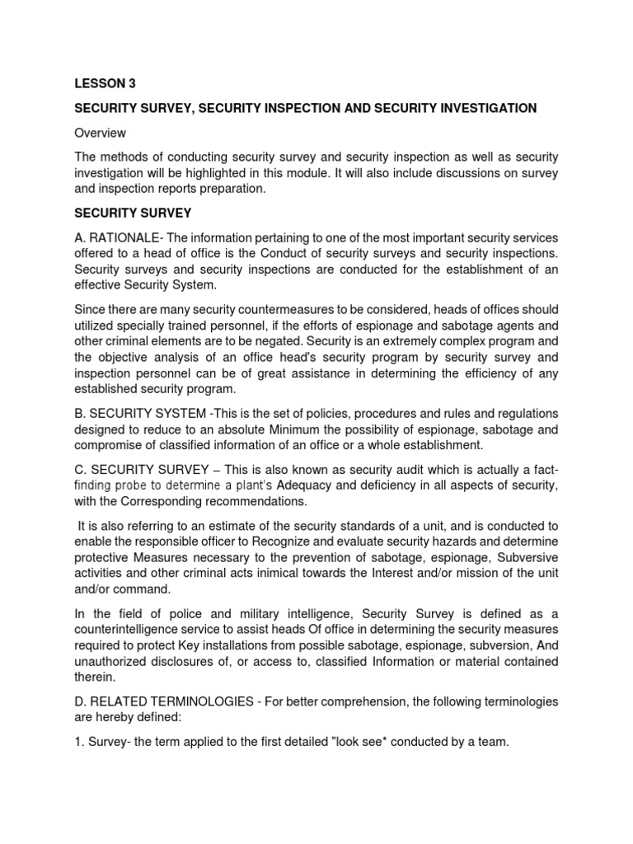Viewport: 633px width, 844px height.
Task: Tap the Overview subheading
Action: pyautogui.click(x=101, y=132)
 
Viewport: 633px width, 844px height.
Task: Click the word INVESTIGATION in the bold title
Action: pyautogui.click(x=486, y=108)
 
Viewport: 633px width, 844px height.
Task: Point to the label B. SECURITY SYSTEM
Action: pyautogui.click(x=140, y=413)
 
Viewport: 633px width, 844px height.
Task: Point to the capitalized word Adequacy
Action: pyautogui.click(x=308, y=485)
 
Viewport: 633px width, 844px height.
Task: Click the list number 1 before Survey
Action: pyautogui.click(x=78, y=742)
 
